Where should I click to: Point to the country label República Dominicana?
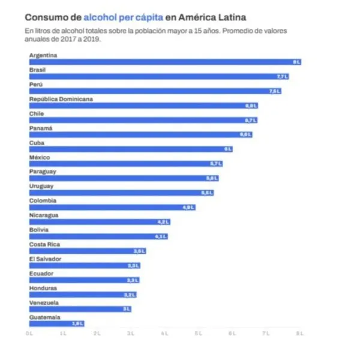pyautogui.click(x=61, y=99)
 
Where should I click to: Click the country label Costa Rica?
pyautogui.click(x=44, y=244)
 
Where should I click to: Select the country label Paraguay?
pyautogui.click(x=43, y=172)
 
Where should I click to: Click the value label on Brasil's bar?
pyautogui.click(x=283, y=76)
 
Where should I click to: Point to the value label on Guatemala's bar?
pyautogui.click(x=77, y=323)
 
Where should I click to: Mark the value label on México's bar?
pyautogui.click(x=215, y=163)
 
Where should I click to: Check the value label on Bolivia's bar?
pyautogui.click(x=160, y=236)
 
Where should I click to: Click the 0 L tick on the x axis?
pyautogui.click(x=29, y=332)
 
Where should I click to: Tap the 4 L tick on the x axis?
pyautogui.click(x=164, y=332)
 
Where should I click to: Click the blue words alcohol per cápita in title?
pyautogui.click(x=123, y=17)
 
